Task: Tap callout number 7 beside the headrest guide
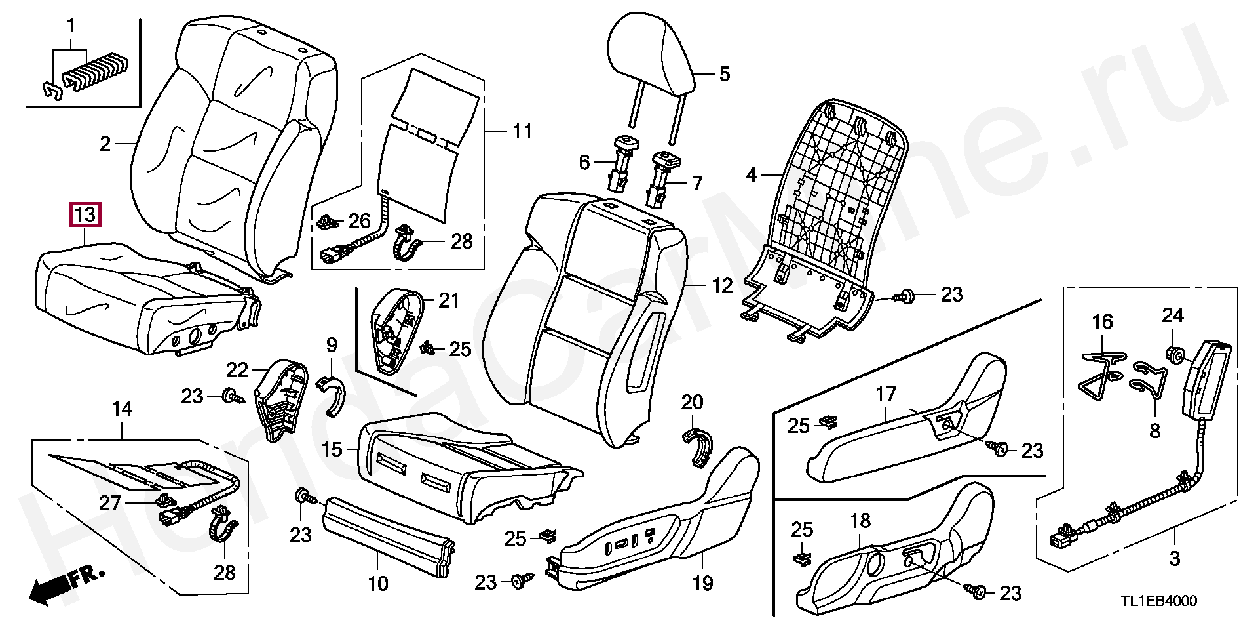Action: click(x=696, y=183)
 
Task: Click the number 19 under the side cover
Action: click(x=702, y=582)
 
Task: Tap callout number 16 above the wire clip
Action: click(x=1102, y=322)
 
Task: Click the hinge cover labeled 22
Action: click(x=281, y=400)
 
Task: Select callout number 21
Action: click(x=449, y=301)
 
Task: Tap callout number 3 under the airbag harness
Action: click(x=1174, y=559)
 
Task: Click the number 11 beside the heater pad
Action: click(x=522, y=132)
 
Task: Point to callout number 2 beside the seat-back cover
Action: click(x=105, y=144)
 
